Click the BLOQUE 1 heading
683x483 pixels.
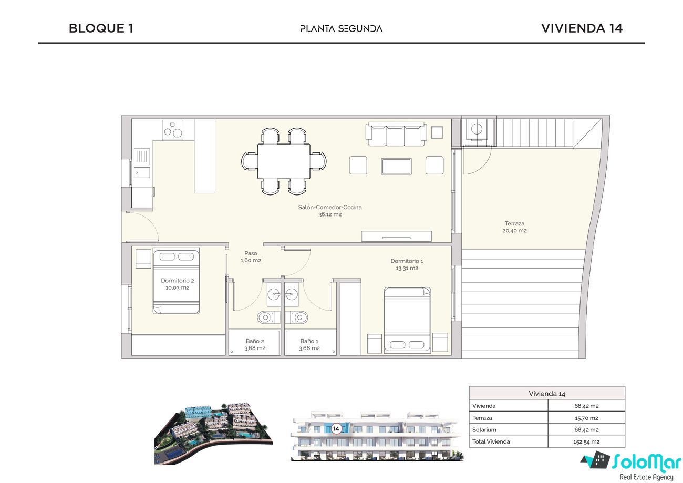[x=101, y=28]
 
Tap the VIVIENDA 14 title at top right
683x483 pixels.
[x=582, y=28]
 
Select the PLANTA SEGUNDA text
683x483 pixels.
[x=341, y=29]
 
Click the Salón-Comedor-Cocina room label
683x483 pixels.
[x=330, y=208]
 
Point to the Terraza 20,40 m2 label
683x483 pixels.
[x=514, y=227]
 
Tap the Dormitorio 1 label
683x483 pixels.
[x=407, y=261]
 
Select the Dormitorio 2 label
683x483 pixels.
[x=178, y=281]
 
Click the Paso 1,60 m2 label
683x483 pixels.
[x=251, y=257]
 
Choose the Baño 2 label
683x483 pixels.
[x=255, y=341]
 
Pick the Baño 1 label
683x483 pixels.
[x=309, y=341]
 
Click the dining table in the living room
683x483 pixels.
[x=284, y=161]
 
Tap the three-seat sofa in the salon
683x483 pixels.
[x=396, y=134]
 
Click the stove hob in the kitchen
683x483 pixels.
[x=172, y=130]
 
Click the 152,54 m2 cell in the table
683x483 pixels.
[x=586, y=441]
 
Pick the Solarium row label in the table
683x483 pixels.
[x=484, y=429]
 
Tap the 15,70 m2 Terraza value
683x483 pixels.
[x=586, y=418]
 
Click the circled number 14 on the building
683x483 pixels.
[x=336, y=429]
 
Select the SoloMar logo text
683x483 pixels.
[x=646, y=461]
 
